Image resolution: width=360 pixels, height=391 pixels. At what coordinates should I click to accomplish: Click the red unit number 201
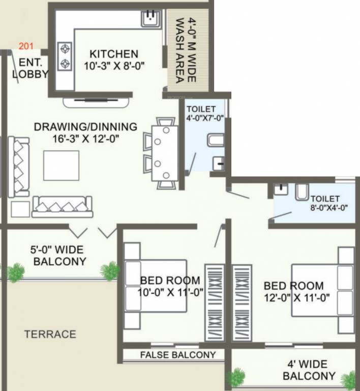[x=26, y=47]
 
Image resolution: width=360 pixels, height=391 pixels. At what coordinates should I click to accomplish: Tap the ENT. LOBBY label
[x=31, y=68]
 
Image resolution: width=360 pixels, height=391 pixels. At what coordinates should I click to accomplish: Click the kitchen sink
[x=151, y=18]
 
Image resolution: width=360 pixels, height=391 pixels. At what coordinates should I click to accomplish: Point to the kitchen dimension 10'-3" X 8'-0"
[x=113, y=65]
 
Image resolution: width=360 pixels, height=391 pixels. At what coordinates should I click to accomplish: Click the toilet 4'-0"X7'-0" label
[x=202, y=114]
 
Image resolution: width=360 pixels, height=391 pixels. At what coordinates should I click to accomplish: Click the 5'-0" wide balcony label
[x=59, y=256]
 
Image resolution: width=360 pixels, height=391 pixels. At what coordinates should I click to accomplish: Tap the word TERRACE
[x=50, y=334]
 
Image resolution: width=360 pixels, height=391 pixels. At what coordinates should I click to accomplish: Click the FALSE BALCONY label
[x=178, y=355]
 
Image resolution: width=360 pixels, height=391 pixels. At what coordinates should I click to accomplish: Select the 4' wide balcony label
[x=309, y=370]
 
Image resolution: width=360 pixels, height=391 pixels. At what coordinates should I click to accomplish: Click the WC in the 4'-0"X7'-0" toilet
[x=215, y=139]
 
